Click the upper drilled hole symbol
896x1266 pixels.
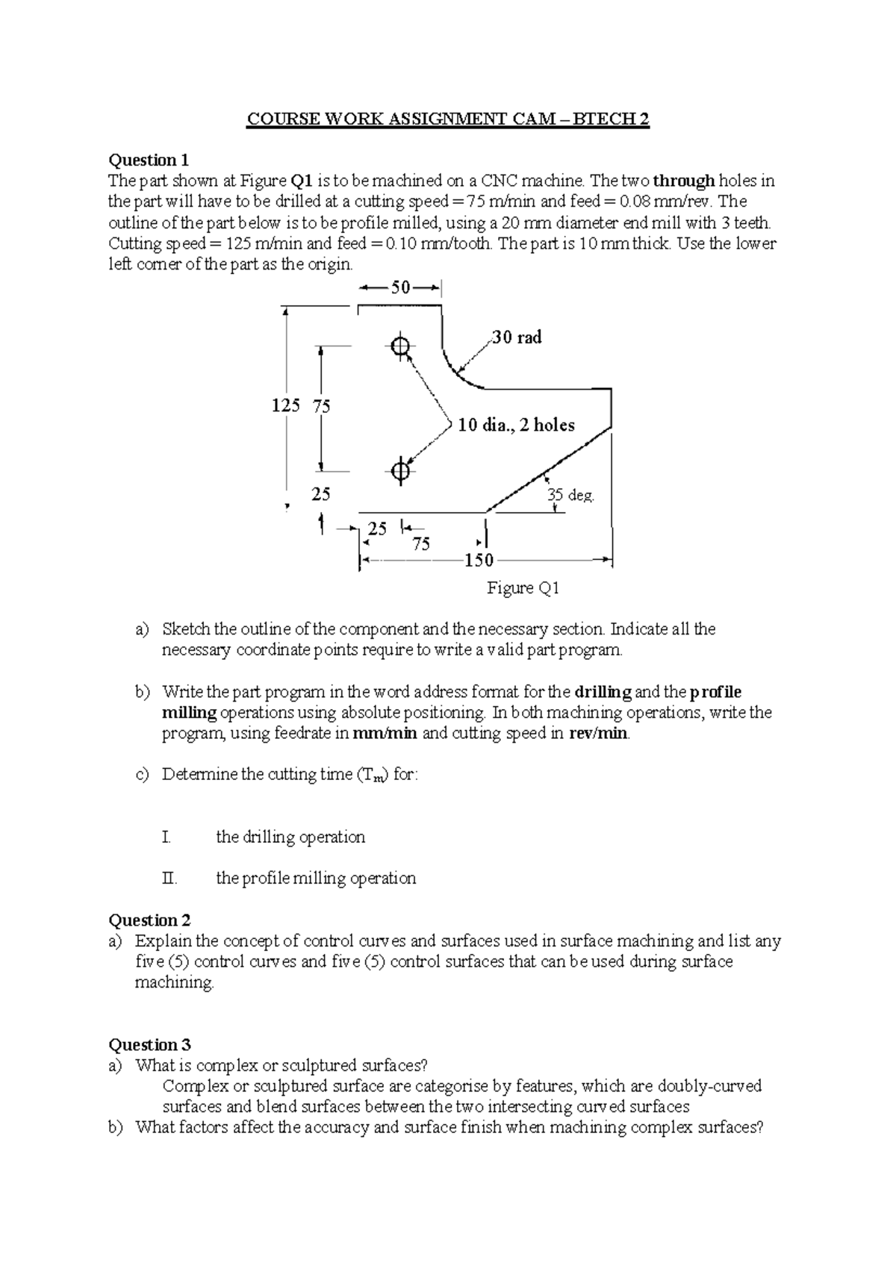(400, 346)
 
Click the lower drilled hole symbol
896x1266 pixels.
(400, 471)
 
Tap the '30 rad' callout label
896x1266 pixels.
(517, 337)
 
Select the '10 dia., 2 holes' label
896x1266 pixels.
(516, 425)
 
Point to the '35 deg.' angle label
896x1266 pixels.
(570, 495)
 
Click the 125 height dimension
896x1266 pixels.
(285, 405)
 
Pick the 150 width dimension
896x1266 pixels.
(479, 561)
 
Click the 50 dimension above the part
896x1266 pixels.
(401, 287)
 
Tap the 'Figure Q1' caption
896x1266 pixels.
(523, 588)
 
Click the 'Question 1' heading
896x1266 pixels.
(149, 160)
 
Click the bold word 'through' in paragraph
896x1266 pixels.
(684, 181)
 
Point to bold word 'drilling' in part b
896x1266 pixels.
(603, 692)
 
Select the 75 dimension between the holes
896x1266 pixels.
(322, 406)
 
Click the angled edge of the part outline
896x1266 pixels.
(549, 469)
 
